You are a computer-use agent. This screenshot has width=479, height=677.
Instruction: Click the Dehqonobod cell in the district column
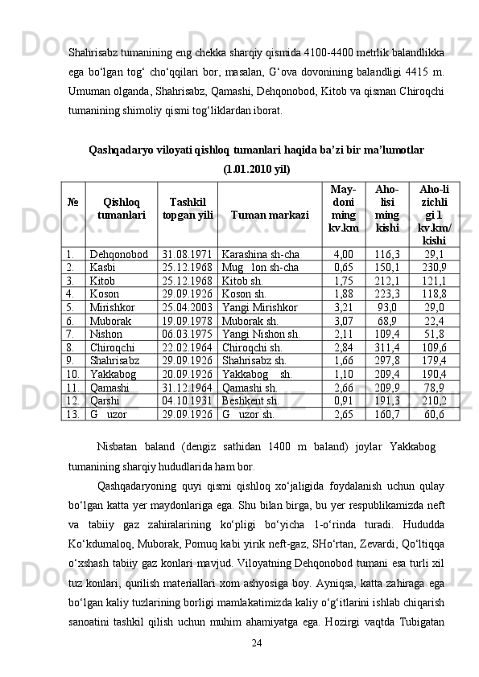pos(118,253)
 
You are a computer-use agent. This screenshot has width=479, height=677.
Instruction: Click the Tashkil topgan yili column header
pos(188,209)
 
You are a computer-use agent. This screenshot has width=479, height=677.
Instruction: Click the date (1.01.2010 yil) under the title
pos(257,169)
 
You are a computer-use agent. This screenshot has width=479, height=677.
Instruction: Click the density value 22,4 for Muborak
pos(435,320)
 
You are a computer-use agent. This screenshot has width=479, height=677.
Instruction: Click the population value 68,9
pos(386,320)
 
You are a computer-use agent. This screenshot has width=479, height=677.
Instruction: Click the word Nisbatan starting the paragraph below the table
pos(116,445)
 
